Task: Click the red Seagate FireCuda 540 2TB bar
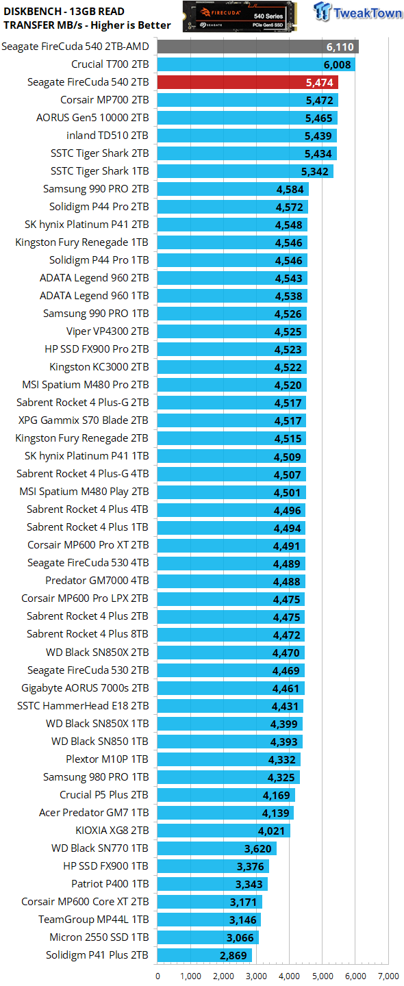pyautogui.click(x=248, y=82)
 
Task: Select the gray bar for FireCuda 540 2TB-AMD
pyautogui.click(x=258, y=47)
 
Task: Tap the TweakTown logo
pyautogui.click(x=357, y=12)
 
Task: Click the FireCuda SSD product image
pyautogui.click(x=240, y=16)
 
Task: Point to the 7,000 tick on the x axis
pyautogui.click(x=389, y=976)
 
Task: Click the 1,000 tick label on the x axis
pyautogui.click(x=190, y=976)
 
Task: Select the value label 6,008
pyautogui.click(x=337, y=64)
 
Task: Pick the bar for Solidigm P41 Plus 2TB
pyautogui.click(x=205, y=955)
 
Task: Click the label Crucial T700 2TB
pyautogui.click(x=110, y=64)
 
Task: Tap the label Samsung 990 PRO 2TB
pyautogui.click(x=96, y=189)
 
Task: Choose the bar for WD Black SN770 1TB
pyautogui.click(x=217, y=848)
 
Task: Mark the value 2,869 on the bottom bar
pyautogui.click(x=233, y=955)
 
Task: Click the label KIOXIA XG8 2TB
pyautogui.click(x=112, y=830)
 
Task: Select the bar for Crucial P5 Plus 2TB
pyautogui.click(x=226, y=795)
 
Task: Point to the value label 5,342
pyautogui.click(x=315, y=171)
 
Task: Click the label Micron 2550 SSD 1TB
pyautogui.click(x=99, y=937)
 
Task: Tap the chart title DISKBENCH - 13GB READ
pyautogui.click(x=64, y=12)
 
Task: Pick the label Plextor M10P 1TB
pyautogui.click(x=107, y=759)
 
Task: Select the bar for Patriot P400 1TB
pyautogui.click(x=212, y=884)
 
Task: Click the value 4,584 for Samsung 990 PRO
pyautogui.click(x=290, y=189)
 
